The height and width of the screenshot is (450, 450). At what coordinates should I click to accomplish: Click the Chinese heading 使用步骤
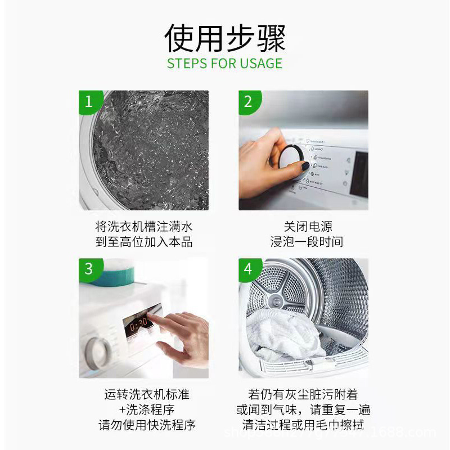[225, 38]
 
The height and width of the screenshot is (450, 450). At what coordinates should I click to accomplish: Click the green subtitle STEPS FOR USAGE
[225, 63]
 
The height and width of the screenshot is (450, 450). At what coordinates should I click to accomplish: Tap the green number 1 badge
[88, 102]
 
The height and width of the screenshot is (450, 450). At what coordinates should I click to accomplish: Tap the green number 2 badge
[249, 102]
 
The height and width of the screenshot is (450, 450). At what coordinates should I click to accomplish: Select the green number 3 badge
[88, 269]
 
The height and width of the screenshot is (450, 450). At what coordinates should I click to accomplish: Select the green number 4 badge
[249, 269]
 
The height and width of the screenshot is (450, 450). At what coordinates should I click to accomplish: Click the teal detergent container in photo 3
[115, 274]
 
